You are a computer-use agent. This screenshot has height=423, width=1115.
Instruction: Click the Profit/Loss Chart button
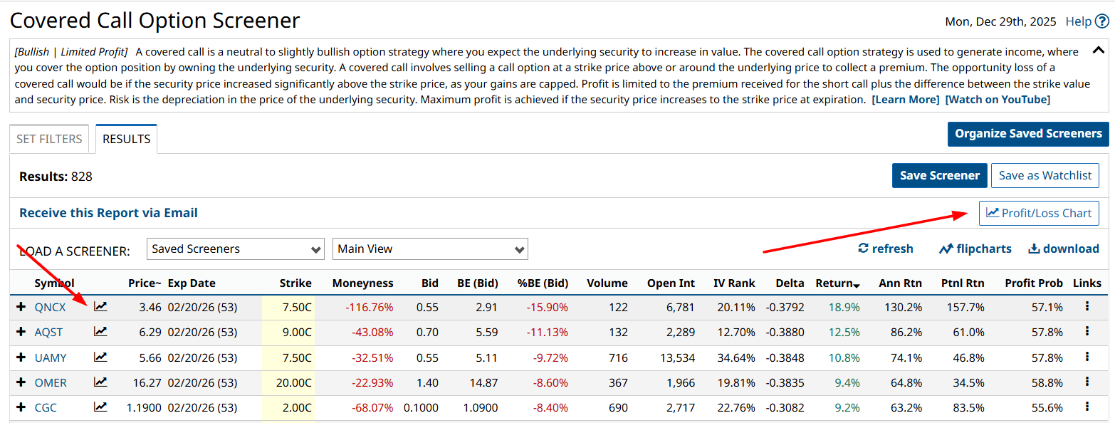[x=1039, y=213]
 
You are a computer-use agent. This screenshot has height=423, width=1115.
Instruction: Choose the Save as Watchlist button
[x=1045, y=175]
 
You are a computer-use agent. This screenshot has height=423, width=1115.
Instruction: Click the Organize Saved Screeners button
[x=1027, y=134]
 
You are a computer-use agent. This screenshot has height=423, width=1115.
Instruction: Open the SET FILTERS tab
[x=49, y=139]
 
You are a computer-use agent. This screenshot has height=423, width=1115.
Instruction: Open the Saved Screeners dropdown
[x=236, y=249]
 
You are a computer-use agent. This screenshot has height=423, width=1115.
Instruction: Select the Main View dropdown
[x=430, y=249]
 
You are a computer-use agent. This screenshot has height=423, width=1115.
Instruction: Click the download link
[x=1064, y=249]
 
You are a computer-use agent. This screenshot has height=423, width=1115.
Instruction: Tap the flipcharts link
[x=975, y=249]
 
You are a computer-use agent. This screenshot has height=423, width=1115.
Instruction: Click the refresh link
[x=886, y=249]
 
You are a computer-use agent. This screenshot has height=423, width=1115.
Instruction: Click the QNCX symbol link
[x=50, y=308]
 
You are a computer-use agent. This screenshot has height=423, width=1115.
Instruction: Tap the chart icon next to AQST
[x=100, y=332]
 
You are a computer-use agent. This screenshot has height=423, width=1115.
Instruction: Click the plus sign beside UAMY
[x=21, y=357]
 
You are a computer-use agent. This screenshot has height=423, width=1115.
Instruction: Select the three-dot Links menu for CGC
[x=1087, y=407]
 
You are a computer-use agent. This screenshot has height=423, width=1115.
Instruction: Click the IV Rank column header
[x=734, y=283]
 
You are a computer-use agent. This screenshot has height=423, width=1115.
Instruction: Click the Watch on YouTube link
[x=997, y=100]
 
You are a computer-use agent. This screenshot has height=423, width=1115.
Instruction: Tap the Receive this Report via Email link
[x=108, y=213]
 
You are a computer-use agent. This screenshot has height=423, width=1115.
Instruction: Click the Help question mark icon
[x=1102, y=21]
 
